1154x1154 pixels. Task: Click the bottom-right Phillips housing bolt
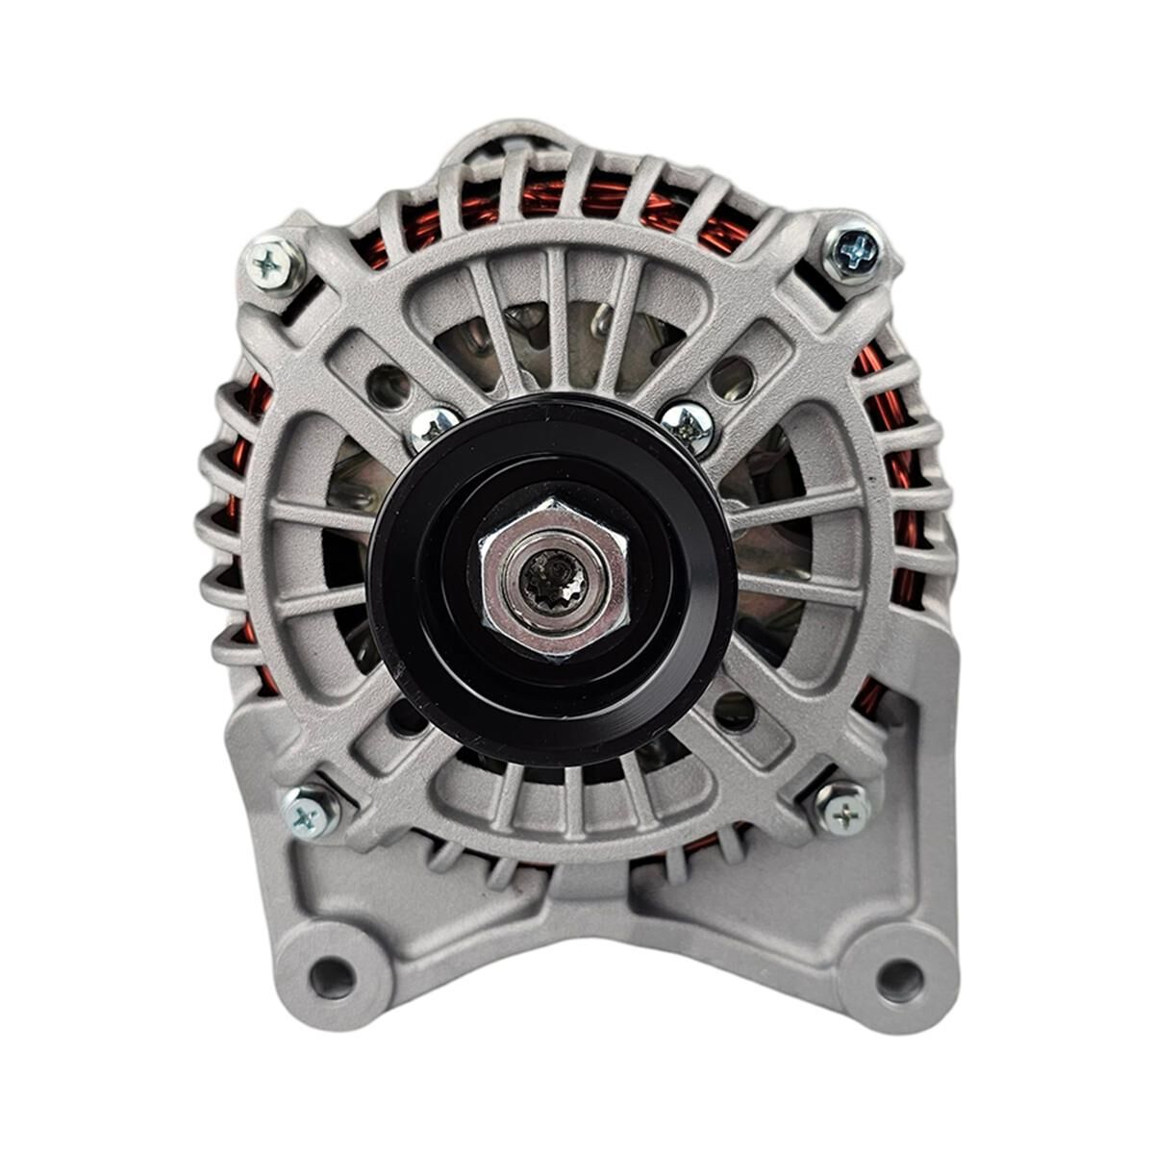pos(844,811)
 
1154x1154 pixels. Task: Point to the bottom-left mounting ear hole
pos(332,978)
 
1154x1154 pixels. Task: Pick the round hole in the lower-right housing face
pos(736,710)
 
